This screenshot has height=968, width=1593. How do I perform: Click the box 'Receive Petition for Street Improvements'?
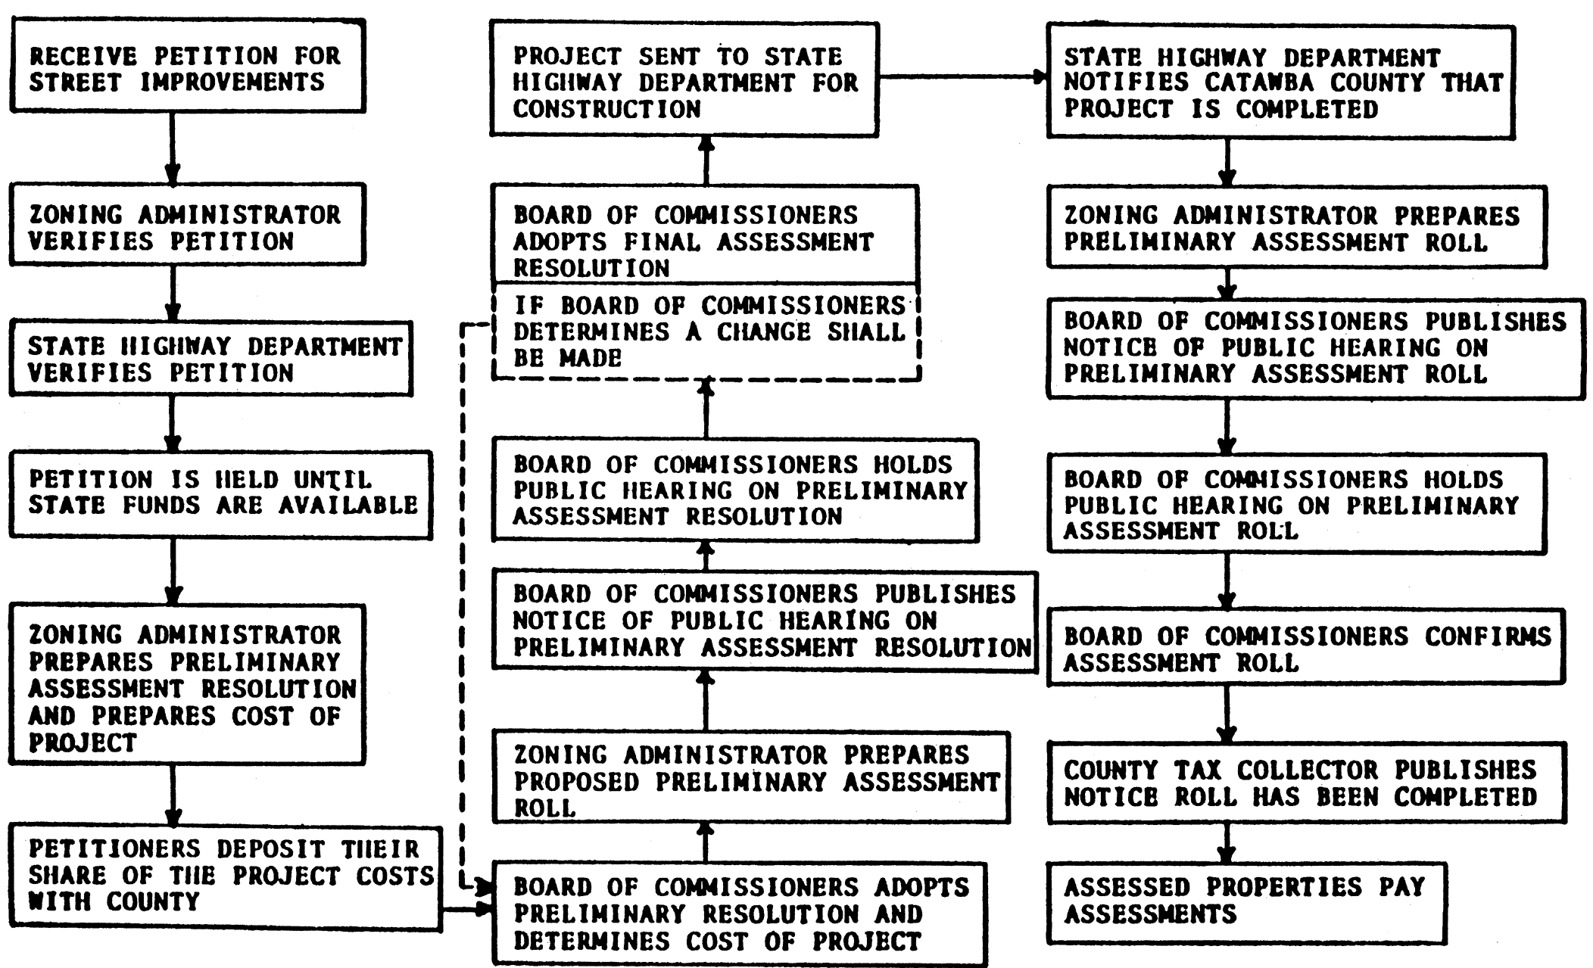coord(188,67)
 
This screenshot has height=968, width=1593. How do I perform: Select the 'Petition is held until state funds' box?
coord(221,495)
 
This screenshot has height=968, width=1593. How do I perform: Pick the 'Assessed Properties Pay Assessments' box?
coord(1247,902)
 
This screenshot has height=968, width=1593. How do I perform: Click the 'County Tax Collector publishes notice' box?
coord(1307,783)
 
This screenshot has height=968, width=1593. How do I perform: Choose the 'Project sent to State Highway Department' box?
coord(684,79)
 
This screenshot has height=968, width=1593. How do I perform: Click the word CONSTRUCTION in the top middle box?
coord(607,109)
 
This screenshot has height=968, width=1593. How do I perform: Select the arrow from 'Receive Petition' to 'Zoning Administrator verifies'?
coord(173,148)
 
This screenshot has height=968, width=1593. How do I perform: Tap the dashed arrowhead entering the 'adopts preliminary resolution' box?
coord(482,885)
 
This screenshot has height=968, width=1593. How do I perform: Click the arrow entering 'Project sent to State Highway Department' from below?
coord(706,160)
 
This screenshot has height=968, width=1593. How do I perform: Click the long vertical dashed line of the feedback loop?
coord(463,605)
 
